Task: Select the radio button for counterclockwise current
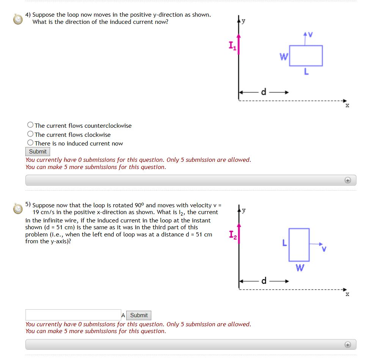tap(30, 125)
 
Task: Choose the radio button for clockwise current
tap(30, 134)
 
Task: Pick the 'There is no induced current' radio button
tap(30, 143)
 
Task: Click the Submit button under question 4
tap(38, 152)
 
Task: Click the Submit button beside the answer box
tap(139, 315)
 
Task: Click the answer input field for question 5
tap(73, 315)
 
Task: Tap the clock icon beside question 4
tap(18, 19)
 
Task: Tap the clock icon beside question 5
tap(18, 208)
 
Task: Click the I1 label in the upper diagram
tap(232, 46)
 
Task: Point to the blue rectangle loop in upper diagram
tap(306, 56)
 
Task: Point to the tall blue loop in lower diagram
tap(299, 244)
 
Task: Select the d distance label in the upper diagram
tap(264, 92)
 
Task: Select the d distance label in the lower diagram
tap(264, 281)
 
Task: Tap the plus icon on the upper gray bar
tap(348, 180)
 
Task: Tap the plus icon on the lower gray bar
tap(348, 344)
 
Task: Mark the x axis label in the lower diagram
tap(347, 294)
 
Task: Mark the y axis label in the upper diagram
tap(243, 21)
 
